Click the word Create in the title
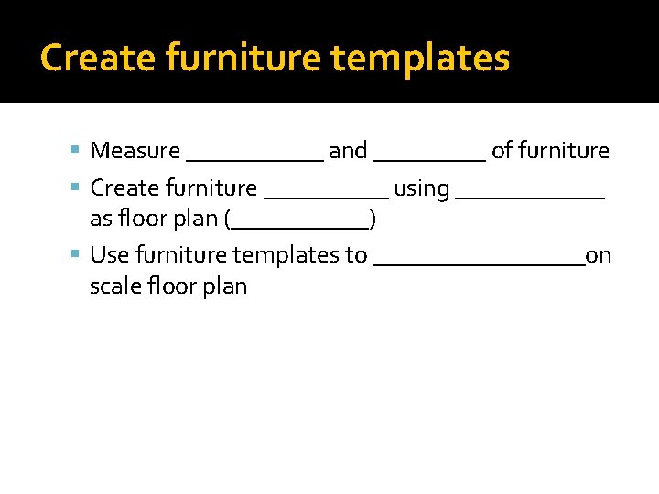point(87,58)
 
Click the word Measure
point(135,151)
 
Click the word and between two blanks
point(348,151)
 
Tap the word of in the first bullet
point(502,151)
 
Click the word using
point(421,189)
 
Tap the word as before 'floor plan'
point(101,220)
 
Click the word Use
point(108,255)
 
